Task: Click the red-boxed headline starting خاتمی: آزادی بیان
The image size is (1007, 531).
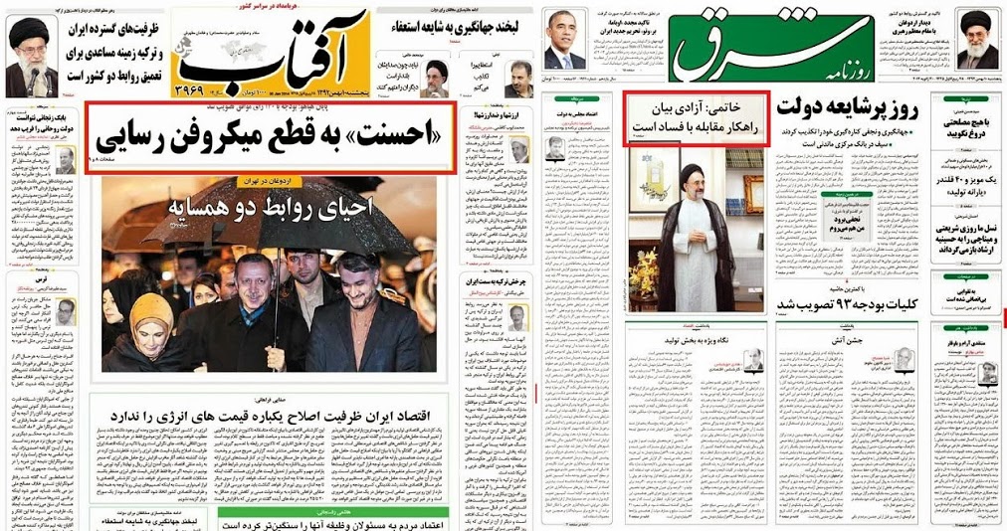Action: [x=697, y=119]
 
